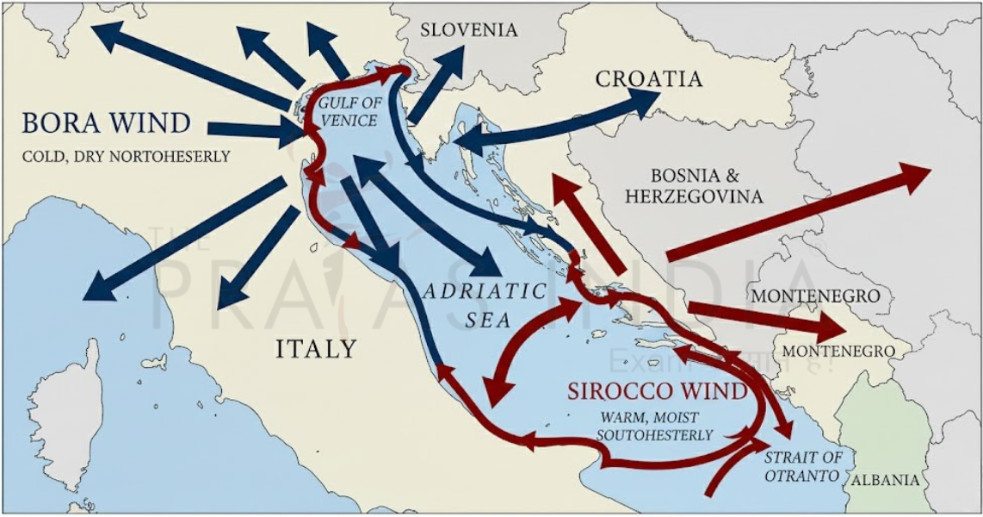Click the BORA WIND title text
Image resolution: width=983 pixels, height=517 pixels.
[106, 123]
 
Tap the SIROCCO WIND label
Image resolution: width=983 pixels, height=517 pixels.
[657, 391]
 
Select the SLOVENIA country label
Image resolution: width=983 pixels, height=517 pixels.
[469, 30]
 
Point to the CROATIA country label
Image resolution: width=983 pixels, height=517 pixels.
[649, 79]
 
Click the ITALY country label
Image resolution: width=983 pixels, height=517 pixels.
[316, 349]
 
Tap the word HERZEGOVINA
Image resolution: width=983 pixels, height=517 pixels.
[694, 196]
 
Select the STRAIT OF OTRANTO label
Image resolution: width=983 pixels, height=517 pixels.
[802, 466]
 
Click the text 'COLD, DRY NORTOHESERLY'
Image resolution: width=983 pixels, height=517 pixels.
[127, 157]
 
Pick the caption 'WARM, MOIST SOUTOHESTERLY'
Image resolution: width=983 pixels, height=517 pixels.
[657, 426]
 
